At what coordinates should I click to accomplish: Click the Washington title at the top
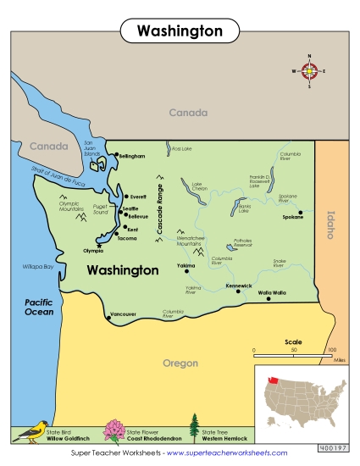[x=180, y=31]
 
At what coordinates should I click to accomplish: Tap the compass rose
[x=310, y=71]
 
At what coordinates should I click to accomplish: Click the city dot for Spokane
[x=300, y=212]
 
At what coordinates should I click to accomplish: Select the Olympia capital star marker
[x=99, y=246]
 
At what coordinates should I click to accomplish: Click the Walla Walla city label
[x=272, y=292]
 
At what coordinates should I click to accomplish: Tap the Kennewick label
[x=239, y=286]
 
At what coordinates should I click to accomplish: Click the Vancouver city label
[x=123, y=314]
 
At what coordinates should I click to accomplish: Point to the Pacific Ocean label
[x=40, y=306]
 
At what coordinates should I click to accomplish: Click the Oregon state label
[x=180, y=363]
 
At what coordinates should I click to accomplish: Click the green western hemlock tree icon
[x=194, y=429]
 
